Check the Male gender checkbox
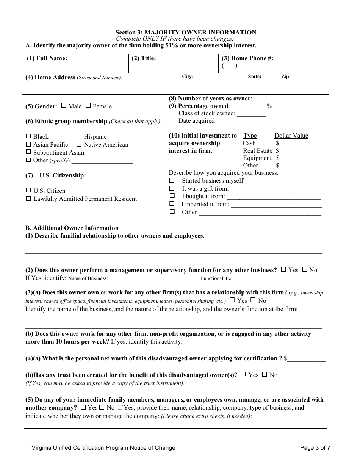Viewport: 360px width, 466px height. pos(64,106)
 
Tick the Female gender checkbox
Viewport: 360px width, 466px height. pos(88,106)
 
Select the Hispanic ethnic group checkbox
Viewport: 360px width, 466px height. pos(79,136)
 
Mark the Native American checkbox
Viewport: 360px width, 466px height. pos(79,144)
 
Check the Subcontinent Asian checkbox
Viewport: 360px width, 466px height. pos(28,152)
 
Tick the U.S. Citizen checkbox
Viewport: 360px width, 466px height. pos(28,190)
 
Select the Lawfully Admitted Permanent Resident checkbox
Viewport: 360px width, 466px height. pos(28,198)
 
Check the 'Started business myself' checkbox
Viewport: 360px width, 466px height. pos(172,180)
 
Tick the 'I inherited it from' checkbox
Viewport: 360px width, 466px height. pos(172,203)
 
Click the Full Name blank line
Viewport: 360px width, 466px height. pos(74,67)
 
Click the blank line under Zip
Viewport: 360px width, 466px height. pos(298,84)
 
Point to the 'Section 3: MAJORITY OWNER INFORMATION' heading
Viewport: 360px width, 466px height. pos(186,33)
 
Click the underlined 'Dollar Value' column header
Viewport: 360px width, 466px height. pos(291,136)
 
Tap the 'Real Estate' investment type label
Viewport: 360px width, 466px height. pos(258,150)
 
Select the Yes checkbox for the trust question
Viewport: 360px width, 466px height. pos(243,374)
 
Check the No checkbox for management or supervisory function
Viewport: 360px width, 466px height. pos(304,269)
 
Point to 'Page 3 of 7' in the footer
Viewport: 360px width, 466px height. pos(315,447)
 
